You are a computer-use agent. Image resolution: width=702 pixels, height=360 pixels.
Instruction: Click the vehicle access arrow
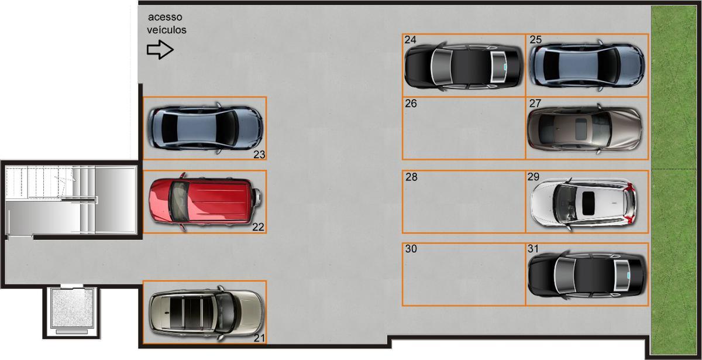(160, 50)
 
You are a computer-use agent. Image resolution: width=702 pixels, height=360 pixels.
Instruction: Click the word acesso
(165, 17)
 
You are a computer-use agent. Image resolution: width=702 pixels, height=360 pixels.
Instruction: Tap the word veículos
(166, 30)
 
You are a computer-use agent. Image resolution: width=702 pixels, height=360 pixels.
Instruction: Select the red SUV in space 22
(205, 201)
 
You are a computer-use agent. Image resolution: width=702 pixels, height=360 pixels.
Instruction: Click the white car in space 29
(583, 203)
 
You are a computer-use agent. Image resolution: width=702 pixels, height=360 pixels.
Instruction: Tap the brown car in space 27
(584, 129)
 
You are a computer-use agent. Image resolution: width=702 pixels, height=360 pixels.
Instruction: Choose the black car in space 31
(587, 275)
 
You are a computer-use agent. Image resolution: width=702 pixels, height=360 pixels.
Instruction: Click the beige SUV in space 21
(206, 313)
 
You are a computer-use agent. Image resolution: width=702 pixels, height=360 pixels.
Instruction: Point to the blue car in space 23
(205, 129)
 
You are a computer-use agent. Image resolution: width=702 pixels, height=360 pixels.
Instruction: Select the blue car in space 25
(587, 66)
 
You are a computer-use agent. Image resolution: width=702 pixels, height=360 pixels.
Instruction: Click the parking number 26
(411, 104)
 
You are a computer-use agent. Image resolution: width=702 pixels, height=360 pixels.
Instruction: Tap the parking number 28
(411, 177)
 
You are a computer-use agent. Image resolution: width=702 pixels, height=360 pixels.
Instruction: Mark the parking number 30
(411, 249)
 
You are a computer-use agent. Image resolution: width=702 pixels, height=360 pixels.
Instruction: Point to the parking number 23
(259, 155)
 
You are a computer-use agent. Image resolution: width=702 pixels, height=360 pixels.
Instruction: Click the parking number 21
(259, 338)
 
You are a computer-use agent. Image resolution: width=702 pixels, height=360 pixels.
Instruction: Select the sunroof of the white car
(589, 203)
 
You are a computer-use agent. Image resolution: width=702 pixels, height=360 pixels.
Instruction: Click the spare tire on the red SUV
(257, 197)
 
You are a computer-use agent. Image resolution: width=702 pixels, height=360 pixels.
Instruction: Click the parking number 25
(536, 40)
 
